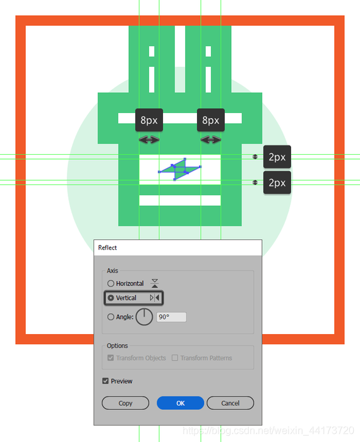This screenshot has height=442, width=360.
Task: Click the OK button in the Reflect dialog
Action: pos(181,403)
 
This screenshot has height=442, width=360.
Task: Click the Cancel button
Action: pos(231,403)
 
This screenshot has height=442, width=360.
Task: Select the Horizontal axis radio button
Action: pos(111,284)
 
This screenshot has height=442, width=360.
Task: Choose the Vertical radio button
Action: pos(111,297)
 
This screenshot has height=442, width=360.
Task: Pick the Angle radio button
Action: pos(111,317)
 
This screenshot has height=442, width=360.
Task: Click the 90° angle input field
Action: pos(171,317)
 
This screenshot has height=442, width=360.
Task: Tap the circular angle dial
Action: pos(145,317)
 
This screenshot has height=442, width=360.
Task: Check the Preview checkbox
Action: pos(105,381)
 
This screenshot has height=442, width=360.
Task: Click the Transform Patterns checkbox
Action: pos(175,358)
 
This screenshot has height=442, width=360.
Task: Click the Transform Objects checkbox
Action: pos(111,358)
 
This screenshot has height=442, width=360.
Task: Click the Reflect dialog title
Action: pos(107,248)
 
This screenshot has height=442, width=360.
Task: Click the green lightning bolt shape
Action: pos(179,169)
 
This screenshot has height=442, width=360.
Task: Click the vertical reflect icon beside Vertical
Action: pos(155,297)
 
